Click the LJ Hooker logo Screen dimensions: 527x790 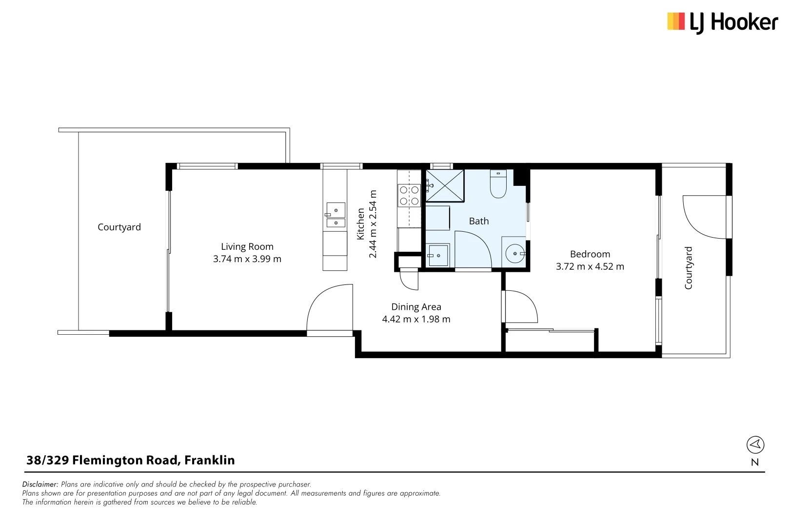722,22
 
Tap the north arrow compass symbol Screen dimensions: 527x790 755,445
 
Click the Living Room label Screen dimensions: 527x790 247,246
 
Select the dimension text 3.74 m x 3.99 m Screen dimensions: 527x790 247,259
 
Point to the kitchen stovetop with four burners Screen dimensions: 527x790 409,195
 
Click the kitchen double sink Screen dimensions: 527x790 336,216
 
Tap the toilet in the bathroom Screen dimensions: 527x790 498,184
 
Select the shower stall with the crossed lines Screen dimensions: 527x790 445,185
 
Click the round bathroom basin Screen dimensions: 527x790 515,254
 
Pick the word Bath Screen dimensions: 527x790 478,221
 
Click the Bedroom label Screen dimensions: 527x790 590,254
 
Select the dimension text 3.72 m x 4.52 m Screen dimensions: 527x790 590,266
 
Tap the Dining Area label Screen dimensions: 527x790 416,307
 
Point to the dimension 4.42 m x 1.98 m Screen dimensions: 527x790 416,319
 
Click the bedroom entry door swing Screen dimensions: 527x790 521,306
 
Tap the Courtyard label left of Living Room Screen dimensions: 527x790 119,227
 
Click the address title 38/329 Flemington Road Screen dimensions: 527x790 130,460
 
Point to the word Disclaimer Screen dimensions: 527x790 40,485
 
